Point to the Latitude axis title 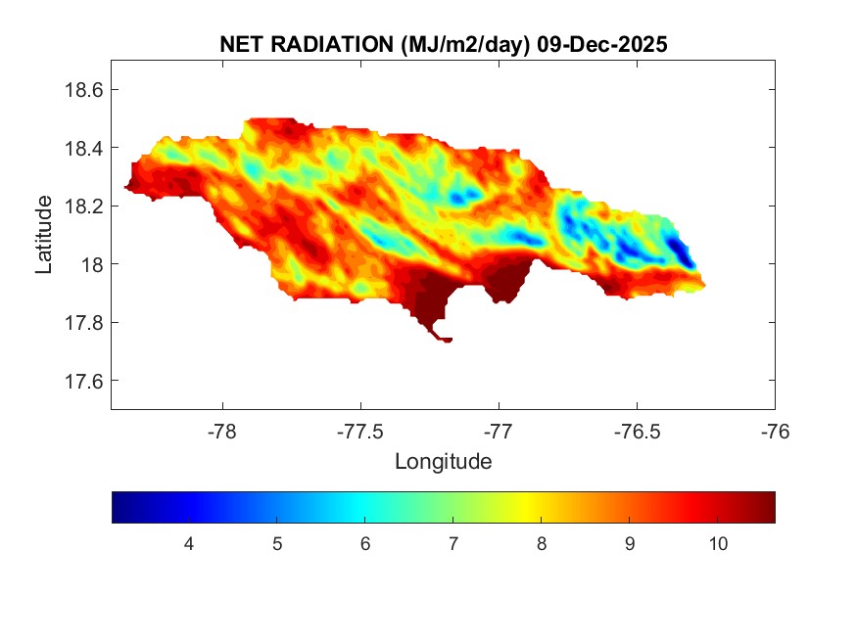coord(44,234)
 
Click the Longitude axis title coord(443,461)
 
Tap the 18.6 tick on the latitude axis coord(84,90)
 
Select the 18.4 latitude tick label coord(84,148)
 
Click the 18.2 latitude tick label coord(84,206)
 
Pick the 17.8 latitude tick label coord(84,323)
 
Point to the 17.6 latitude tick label coord(84,381)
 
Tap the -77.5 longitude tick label coord(360,431)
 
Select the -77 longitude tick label coord(499,431)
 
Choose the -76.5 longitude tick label coord(637,431)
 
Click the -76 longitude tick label coord(775,431)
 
